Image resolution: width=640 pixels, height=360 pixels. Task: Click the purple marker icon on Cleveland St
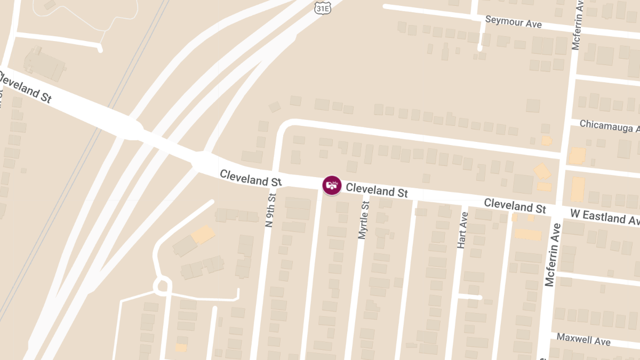[332, 186]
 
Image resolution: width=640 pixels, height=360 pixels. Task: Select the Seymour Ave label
[513, 22]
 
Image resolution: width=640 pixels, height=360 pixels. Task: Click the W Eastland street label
[604, 218]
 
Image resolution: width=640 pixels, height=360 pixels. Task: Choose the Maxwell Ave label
[583, 339]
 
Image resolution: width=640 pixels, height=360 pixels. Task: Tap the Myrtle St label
[364, 220]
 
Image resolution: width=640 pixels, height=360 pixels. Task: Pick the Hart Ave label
[462, 230]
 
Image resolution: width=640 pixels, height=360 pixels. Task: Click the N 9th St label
[271, 210]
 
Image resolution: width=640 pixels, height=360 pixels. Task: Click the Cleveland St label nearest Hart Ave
[515, 205]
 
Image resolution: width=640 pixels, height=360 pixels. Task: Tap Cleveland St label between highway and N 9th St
[250, 178]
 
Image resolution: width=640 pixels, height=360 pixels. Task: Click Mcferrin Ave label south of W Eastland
[553, 255]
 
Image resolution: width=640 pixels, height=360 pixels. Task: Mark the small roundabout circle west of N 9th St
[162, 285]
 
